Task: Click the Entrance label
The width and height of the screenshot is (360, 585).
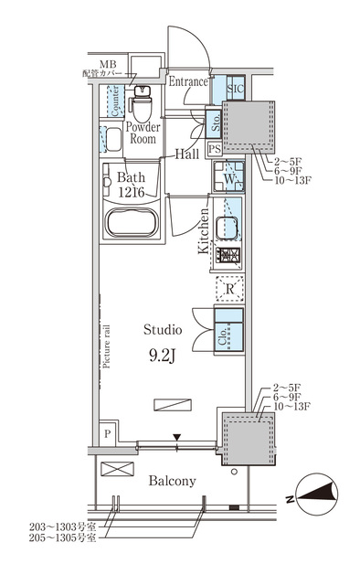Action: pos(189,81)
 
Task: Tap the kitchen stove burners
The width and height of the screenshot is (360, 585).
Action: pos(228,257)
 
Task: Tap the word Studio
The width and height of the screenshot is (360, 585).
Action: pos(164,329)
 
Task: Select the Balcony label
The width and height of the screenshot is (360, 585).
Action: pos(171,481)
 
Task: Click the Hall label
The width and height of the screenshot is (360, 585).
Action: pos(189,154)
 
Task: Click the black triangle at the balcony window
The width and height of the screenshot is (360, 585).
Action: pos(177,438)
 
